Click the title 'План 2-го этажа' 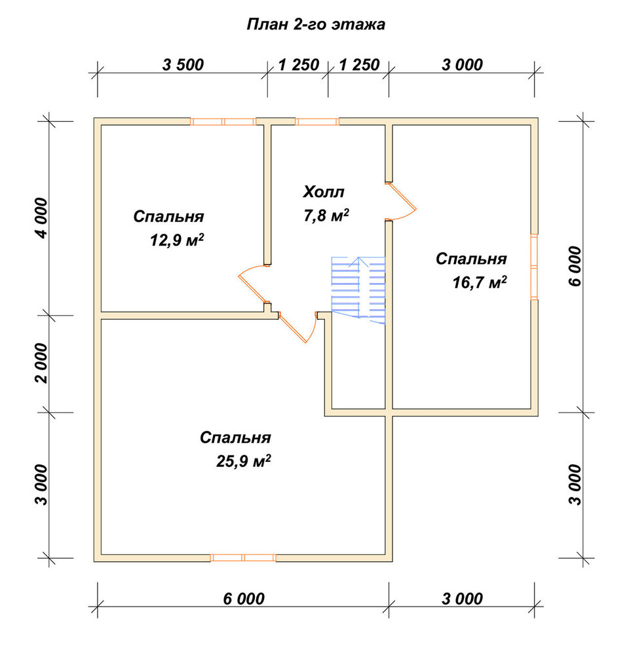tap(316, 24)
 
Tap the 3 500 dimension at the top tap(183, 65)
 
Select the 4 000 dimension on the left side tap(43, 217)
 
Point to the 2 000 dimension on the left tap(43, 363)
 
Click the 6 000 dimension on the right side tap(575, 266)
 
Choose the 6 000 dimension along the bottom tap(244, 599)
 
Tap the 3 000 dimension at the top tap(462, 65)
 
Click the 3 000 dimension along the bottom tap(462, 599)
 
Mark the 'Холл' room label tap(324, 192)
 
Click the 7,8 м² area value tap(326, 215)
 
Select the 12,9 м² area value tap(177, 240)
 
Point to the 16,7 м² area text tap(480, 282)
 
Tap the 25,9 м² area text tap(244, 460)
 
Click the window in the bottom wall tap(243, 557)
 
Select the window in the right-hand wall tap(534, 267)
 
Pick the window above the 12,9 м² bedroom tap(223, 122)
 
